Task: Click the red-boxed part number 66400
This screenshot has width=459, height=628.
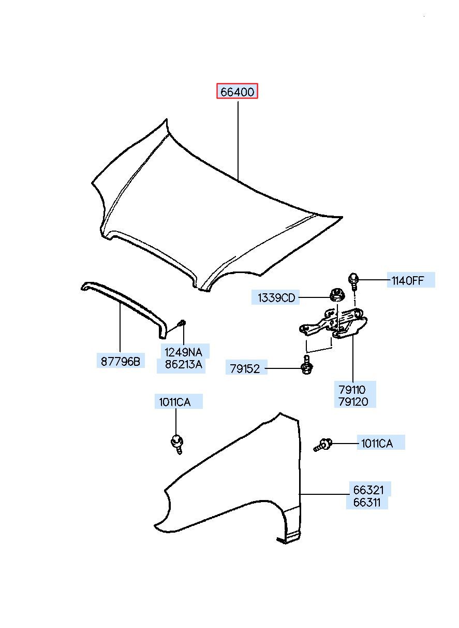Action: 237,91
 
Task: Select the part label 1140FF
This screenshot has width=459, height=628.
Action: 408,280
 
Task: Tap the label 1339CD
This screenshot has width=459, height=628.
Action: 276,297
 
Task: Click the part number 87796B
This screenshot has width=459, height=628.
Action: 121,361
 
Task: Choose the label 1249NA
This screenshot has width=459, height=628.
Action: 183,352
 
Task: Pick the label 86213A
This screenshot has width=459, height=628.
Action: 183,364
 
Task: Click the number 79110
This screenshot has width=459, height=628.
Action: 352,390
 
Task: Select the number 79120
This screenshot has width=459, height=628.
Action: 353,402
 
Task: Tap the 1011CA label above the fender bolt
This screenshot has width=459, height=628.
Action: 175,402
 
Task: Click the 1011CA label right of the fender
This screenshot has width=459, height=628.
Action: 377,444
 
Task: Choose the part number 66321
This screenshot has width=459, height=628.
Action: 368,490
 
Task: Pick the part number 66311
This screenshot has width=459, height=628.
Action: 367,503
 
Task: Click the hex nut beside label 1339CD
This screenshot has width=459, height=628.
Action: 337,295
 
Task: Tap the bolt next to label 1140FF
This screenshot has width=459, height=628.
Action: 353,281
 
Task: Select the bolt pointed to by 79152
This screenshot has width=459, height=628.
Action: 307,365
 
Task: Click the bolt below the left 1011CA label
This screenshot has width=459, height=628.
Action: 177,445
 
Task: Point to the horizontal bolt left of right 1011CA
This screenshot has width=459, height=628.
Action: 322,446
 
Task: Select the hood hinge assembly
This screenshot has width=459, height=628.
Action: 333,323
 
